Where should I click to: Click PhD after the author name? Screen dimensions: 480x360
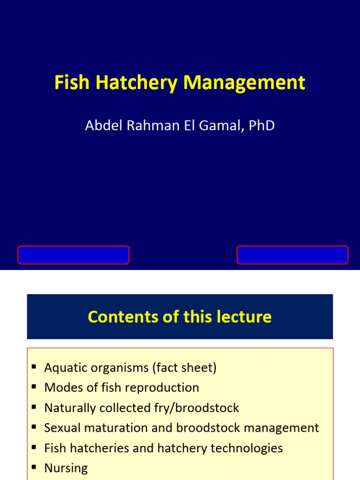point(262,126)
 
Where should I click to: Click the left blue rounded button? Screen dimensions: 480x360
point(74,255)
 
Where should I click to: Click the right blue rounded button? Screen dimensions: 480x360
point(292,255)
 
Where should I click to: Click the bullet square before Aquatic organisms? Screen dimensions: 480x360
point(34,367)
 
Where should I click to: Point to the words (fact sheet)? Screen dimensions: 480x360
point(184,368)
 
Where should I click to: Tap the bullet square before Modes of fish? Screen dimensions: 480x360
point(34,387)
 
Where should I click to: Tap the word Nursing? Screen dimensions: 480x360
point(66,468)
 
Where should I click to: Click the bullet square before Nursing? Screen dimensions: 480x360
point(34,467)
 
